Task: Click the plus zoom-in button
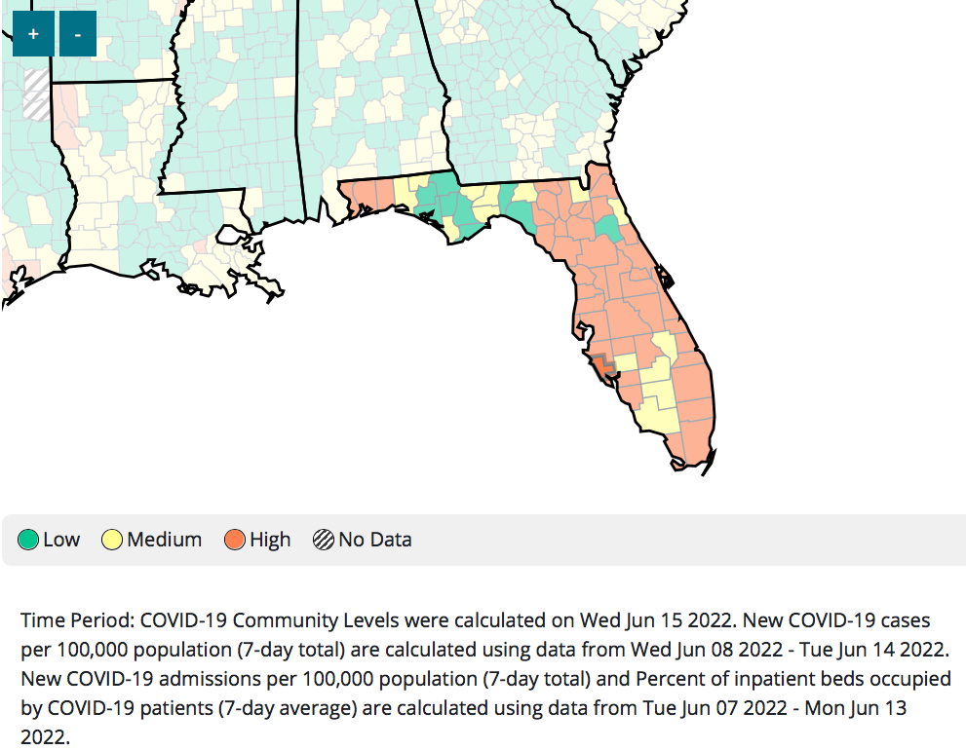[33, 34]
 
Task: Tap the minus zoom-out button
[78, 34]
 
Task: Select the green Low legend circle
[29, 540]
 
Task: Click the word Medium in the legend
[164, 540]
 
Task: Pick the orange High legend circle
[235, 540]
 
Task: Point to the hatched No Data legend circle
[324, 540]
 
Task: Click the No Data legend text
[374, 540]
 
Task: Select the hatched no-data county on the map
[36, 94]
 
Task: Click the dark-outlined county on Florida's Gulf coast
[603, 365]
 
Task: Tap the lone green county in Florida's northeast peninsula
[609, 229]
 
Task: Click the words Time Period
[78, 620]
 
